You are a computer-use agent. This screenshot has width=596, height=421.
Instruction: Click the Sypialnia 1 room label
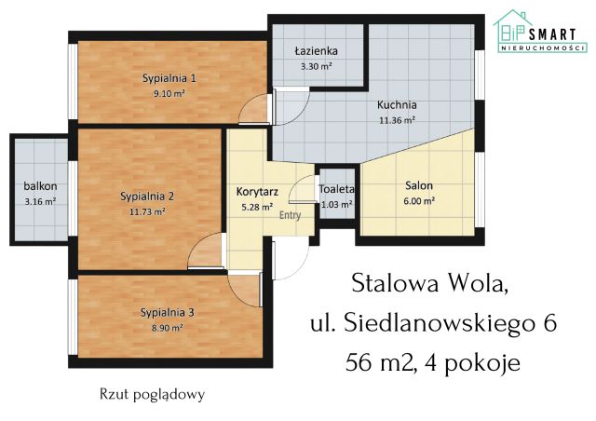[x=169, y=78]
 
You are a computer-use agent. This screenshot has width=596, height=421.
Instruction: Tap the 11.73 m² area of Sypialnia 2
[x=148, y=211]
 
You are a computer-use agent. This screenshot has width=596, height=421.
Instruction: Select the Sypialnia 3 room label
[x=168, y=312]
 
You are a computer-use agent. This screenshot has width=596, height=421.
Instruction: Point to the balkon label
[x=39, y=185]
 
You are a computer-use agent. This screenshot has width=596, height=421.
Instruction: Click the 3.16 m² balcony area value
[x=39, y=200]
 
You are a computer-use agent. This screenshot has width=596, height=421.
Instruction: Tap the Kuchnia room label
[x=396, y=104]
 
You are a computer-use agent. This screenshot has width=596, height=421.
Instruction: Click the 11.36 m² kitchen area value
[x=396, y=119]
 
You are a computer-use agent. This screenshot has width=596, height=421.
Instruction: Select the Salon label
[x=418, y=185]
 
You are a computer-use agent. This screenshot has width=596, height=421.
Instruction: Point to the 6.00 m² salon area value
[x=418, y=200]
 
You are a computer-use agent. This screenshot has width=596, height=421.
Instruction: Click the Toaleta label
[x=336, y=189]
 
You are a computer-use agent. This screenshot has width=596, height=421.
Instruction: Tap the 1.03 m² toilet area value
[x=336, y=204]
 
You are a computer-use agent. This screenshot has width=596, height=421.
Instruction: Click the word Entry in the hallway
[x=291, y=214]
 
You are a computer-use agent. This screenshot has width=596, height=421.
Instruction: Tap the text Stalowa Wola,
[x=431, y=281]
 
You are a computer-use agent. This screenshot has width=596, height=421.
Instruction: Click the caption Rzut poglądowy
[x=152, y=394]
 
